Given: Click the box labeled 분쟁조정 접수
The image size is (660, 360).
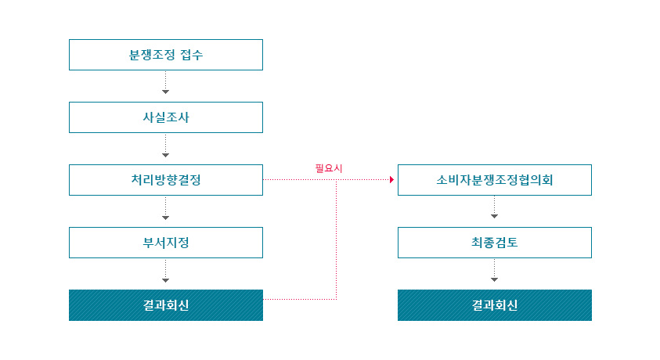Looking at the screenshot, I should [165, 55].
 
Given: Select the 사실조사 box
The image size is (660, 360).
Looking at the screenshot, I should [165, 117].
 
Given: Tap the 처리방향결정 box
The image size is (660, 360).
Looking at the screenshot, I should [165, 180].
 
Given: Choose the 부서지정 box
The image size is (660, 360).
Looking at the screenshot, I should [165, 243].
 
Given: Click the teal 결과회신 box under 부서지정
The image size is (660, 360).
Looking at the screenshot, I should [165, 305].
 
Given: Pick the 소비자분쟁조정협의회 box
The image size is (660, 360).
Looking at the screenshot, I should [494, 180].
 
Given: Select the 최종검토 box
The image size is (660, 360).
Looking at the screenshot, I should [494, 243].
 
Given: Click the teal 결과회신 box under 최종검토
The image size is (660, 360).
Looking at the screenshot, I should [494, 305].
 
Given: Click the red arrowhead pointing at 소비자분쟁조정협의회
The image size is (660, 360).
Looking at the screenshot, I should [391, 180].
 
